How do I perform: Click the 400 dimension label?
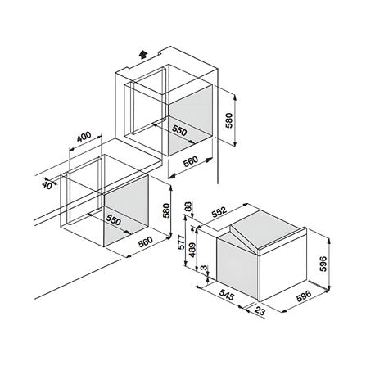(x=84, y=138)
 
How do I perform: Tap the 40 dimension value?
(x=47, y=185)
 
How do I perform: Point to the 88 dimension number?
(x=188, y=207)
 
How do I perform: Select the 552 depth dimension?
(x=219, y=212)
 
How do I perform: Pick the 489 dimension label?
(x=192, y=250)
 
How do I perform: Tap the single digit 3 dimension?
(x=204, y=269)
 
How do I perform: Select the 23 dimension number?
(x=259, y=311)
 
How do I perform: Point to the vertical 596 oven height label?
(x=323, y=264)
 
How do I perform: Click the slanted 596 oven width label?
(x=303, y=296)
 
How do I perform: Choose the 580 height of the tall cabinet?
(x=228, y=120)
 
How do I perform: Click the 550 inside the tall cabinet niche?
(x=179, y=130)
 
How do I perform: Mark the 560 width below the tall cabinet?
(x=190, y=161)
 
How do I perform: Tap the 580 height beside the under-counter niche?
(x=165, y=210)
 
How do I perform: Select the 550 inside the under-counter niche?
(x=113, y=220)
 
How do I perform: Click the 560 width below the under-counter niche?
(x=145, y=242)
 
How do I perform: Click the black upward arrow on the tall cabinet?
(x=142, y=54)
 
